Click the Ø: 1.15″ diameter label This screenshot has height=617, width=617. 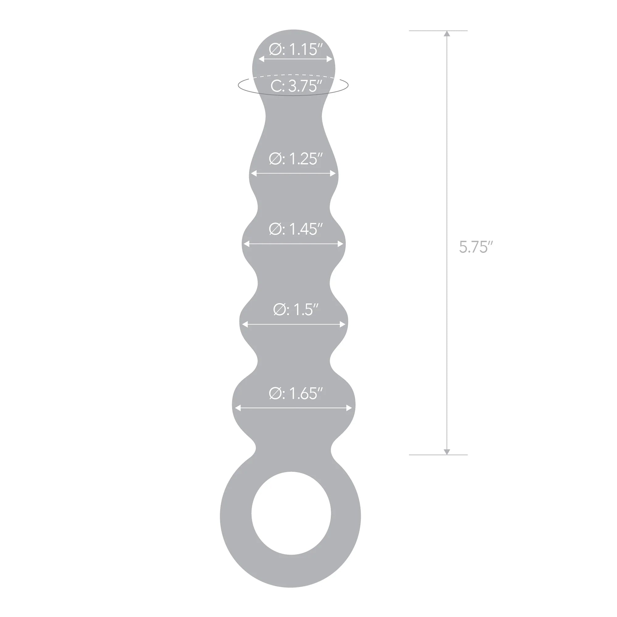[296, 49]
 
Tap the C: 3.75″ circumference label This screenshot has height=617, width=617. [296, 86]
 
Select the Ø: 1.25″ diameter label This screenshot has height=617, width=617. [296, 159]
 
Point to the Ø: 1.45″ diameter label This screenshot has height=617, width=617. [296, 229]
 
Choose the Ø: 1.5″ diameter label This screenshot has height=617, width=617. [296, 309]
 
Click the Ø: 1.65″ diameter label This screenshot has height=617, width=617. [296, 393]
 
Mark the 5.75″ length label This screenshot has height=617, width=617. [476, 247]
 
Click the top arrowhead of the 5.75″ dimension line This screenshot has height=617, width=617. [447, 34]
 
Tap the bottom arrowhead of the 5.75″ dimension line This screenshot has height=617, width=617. [447, 452]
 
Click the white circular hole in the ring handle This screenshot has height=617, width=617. [291, 513]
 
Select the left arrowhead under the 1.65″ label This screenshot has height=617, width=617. [238, 408]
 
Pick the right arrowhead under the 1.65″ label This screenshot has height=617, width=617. [349, 408]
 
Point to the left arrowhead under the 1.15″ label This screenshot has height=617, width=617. [261, 59]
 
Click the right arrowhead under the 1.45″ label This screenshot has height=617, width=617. [341, 244]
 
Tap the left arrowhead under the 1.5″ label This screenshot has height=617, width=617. [245, 325]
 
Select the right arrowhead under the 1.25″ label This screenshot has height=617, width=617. [333, 173]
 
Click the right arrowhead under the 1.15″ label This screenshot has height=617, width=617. [329, 59]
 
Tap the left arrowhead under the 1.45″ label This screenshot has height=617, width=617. [246, 244]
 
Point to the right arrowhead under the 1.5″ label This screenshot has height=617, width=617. [343, 325]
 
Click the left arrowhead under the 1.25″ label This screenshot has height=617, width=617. [254, 173]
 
